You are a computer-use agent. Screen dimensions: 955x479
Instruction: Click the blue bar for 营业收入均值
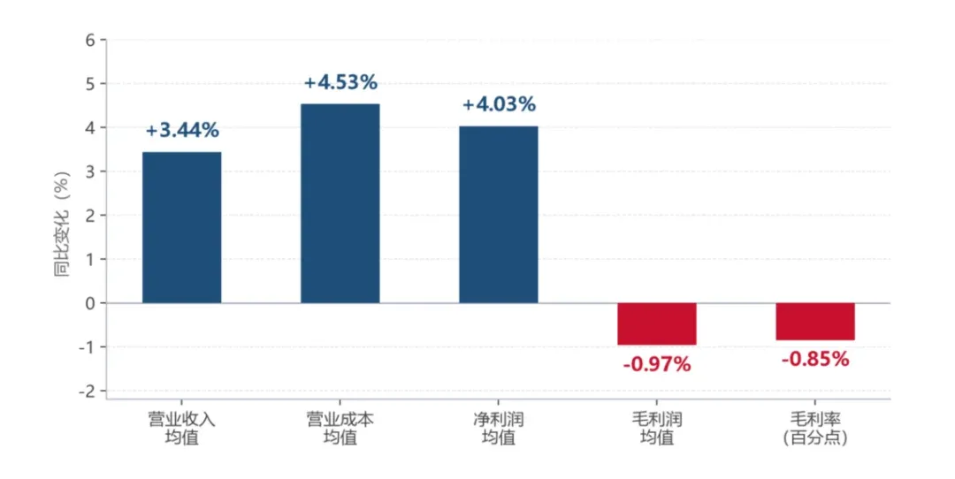click(181, 227)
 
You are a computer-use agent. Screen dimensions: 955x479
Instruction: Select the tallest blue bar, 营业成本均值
click(340, 203)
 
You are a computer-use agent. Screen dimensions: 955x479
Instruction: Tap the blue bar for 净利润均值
click(498, 214)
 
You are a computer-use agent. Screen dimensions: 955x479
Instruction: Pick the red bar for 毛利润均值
click(656, 323)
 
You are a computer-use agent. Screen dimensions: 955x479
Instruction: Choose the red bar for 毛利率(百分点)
click(815, 322)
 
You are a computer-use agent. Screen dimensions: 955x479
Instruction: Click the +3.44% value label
click(182, 130)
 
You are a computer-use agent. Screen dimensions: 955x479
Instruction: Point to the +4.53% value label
click(340, 82)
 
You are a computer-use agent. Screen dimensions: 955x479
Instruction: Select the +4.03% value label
click(499, 104)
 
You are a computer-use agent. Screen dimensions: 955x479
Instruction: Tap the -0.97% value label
click(656, 365)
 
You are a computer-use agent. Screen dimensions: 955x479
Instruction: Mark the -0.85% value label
click(815, 359)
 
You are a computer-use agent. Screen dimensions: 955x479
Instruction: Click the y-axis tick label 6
click(90, 40)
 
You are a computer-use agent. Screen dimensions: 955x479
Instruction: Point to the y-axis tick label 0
click(90, 303)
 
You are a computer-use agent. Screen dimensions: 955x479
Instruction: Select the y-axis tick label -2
click(87, 392)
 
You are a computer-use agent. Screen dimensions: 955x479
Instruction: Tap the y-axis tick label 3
click(90, 171)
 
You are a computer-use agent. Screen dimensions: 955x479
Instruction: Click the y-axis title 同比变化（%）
click(62, 224)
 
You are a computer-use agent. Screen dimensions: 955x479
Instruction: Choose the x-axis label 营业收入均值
click(181, 428)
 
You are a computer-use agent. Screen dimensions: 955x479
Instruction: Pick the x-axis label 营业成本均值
click(340, 428)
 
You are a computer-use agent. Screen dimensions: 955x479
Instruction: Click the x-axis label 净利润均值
click(498, 428)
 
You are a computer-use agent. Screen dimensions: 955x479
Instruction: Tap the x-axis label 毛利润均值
click(656, 428)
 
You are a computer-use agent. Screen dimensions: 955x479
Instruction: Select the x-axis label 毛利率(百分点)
click(815, 428)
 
